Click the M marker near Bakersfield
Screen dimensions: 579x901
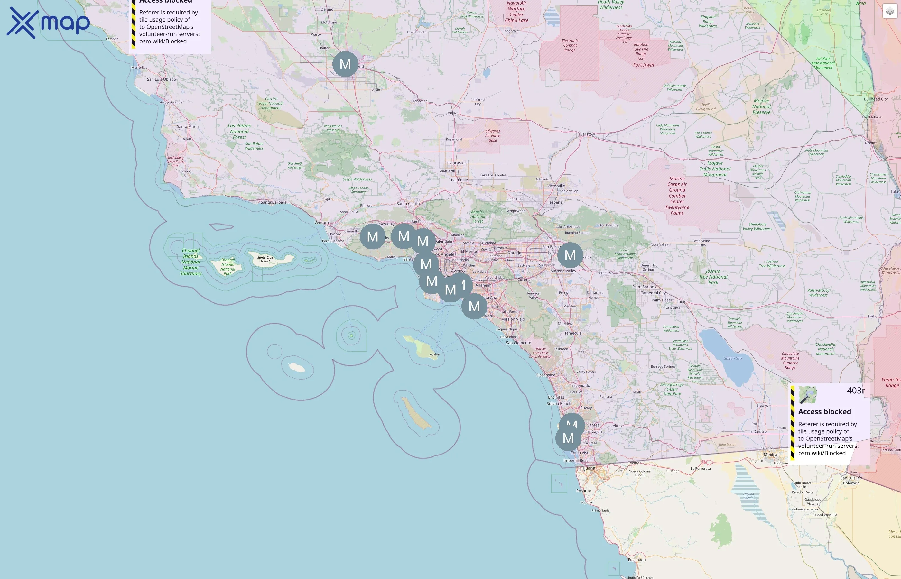[x=345, y=64]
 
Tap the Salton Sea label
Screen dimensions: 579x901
[x=733, y=358]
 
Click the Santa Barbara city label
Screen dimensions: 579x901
[x=274, y=202]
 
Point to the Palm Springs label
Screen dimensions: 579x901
[x=644, y=287]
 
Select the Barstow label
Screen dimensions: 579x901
[x=587, y=134]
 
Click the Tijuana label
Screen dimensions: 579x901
[x=588, y=468]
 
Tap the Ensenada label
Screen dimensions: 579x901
[x=636, y=560]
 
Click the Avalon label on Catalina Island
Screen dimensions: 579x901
[x=434, y=354]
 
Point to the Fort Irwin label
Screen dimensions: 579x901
[x=643, y=65]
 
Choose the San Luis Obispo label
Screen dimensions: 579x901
[x=161, y=79]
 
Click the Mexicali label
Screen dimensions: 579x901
[x=771, y=455]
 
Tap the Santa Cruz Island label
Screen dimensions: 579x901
[x=265, y=259]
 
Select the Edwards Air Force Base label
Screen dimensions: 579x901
[x=492, y=136]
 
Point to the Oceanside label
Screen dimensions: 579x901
[x=546, y=375]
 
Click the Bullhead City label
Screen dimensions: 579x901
[x=876, y=99]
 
